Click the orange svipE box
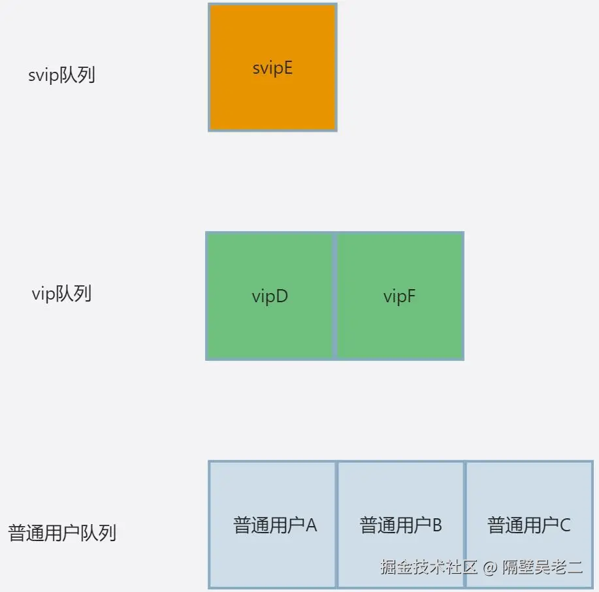pos(272,98)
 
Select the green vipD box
pos(270,326)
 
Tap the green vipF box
pos(399,326)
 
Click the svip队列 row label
pos(62,75)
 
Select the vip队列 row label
pos(61,294)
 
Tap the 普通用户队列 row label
pos(62,533)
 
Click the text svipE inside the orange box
pos(272,68)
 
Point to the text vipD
pos(270,296)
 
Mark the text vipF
pos(399,296)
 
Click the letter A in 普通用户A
pos(311,525)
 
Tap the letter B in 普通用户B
pos(438,525)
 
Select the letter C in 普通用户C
pos(565,525)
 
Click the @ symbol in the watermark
pos(491,567)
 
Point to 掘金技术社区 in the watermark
pos(430,567)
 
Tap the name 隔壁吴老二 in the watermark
pos(542,567)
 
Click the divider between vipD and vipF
pos(335,296)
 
